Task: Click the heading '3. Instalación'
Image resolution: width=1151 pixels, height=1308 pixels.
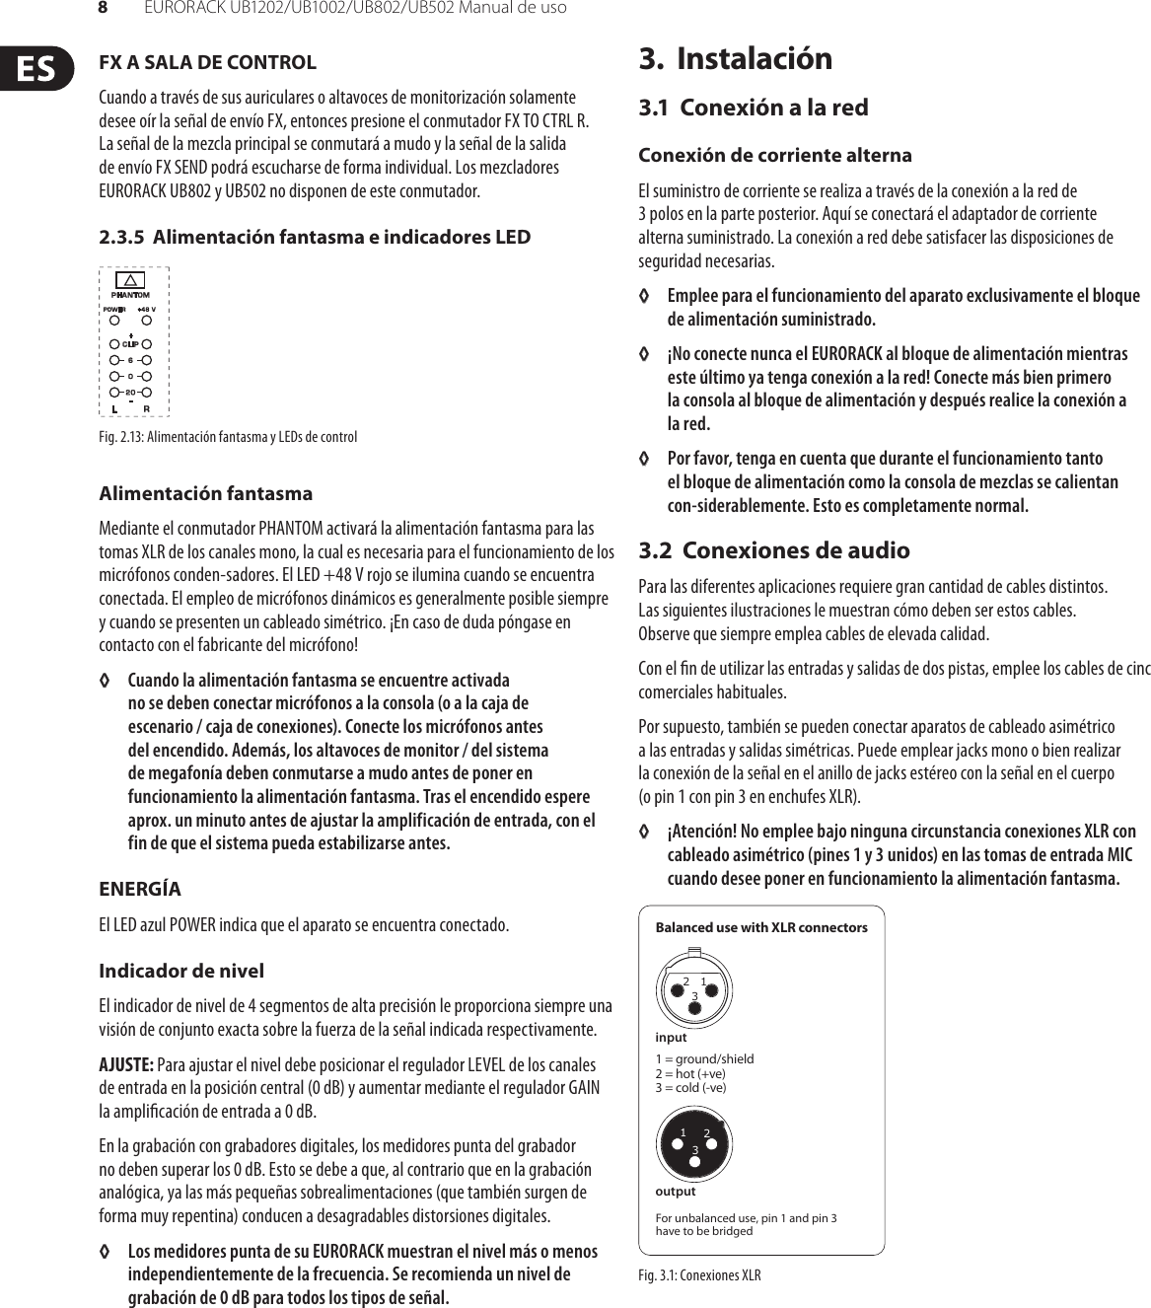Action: pyautogui.click(x=735, y=58)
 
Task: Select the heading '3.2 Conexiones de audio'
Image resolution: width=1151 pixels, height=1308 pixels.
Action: pyautogui.click(x=773, y=550)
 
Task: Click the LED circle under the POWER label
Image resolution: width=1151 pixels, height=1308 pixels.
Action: pyautogui.click(x=115, y=320)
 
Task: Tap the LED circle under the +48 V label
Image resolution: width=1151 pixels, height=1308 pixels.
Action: pyautogui.click(x=147, y=320)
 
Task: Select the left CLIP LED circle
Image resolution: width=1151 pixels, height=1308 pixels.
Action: pyautogui.click(x=115, y=344)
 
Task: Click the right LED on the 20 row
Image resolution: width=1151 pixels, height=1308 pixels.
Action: pyautogui.click(x=147, y=393)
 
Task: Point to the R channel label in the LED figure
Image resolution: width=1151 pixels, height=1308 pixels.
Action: pyautogui.click(x=147, y=408)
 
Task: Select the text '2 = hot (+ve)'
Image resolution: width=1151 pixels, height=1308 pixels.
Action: pyautogui.click(x=690, y=1073)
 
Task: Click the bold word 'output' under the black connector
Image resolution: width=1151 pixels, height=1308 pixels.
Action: pyautogui.click(x=675, y=1192)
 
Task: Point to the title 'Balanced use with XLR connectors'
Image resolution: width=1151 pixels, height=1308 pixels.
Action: pyautogui.click(x=761, y=927)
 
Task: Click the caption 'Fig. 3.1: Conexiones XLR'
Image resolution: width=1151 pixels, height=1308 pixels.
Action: pyautogui.click(x=699, y=1275)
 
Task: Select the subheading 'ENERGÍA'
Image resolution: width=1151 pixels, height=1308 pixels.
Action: pyautogui.click(x=140, y=889)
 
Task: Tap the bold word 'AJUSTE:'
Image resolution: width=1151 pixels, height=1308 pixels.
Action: pyautogui.click(x=125, y=1065)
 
